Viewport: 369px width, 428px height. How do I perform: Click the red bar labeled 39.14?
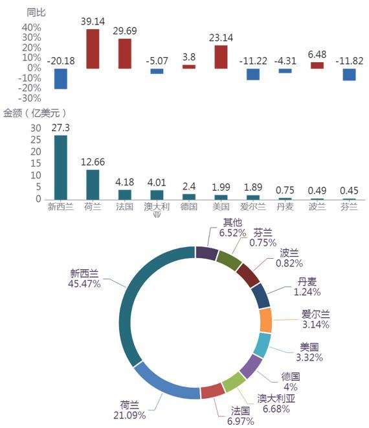[93, 49]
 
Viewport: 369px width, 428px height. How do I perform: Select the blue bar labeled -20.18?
[60, 78]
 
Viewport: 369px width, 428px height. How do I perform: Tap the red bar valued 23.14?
[221, 57]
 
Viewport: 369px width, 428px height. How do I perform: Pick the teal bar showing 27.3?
[60, 167]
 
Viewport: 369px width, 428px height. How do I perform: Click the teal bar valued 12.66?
[93, 185]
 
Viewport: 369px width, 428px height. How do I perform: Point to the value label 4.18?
[124, 182]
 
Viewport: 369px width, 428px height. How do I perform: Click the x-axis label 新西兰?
[60, 207]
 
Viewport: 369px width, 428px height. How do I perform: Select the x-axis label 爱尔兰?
[253, 207]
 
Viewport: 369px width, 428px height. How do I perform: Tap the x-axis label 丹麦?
[285, 207]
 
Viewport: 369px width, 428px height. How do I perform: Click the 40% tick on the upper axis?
[32, 28]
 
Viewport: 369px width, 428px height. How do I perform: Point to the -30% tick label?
[29, 99]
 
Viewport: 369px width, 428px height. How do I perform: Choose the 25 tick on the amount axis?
[36, 140]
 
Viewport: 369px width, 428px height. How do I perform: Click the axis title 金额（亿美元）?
[34, 113]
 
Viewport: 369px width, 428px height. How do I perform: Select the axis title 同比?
[36, 12]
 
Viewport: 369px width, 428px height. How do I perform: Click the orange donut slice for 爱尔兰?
[265, 320]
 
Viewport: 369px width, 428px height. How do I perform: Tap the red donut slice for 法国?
[213, 391]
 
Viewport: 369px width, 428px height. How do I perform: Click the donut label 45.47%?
[84, 284]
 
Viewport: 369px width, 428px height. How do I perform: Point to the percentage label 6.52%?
[233, 233]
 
